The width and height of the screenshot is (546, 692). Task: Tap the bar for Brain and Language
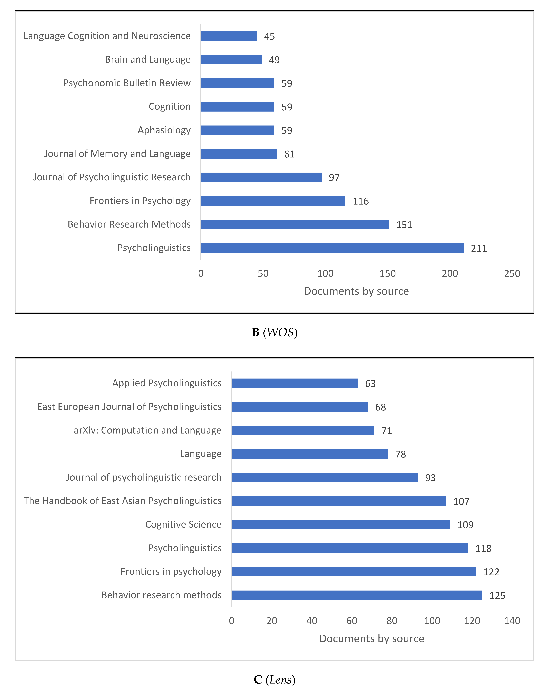pos(232,59)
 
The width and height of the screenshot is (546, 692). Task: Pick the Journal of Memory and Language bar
pos(239,154)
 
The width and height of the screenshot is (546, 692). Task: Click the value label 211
pos(479,248)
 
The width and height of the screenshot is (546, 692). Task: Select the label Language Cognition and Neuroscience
pos(107,36)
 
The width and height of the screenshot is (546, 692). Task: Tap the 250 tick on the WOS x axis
pos(512,274)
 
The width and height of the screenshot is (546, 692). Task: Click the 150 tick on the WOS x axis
pos(387,274)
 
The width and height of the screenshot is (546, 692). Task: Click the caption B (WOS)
pos(275,332)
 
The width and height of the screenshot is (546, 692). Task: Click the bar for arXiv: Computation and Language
pos(303,430)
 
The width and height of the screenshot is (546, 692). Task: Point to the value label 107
pos(461,501)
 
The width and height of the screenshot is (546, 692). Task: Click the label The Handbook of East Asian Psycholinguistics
pos(122,501)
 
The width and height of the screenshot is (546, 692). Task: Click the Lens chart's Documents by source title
pos(371,639)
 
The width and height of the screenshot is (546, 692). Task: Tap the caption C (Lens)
pos(275,679)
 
